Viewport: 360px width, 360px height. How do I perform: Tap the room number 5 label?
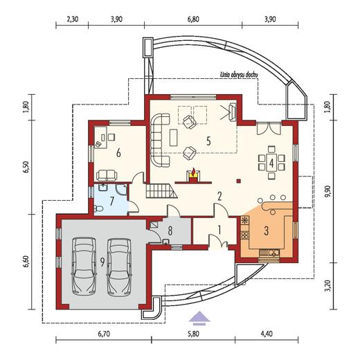pos(208,141)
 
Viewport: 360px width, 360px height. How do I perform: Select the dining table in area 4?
pos(271,163)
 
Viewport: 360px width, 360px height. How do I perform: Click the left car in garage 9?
pos(84,267)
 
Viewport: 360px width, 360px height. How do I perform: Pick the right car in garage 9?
pos(119,267)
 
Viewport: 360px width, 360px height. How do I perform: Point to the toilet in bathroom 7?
pos(98,209)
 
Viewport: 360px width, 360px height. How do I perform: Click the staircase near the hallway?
pos(161,190)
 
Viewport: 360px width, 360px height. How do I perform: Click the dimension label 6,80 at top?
pos(193,19)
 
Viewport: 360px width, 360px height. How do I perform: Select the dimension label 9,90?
pos(328,191)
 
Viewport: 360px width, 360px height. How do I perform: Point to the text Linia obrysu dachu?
pos(239,75)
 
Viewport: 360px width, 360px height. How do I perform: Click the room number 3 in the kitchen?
pos(267,231)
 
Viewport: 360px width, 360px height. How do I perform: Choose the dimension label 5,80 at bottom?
pos(193,334)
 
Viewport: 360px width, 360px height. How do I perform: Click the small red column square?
pos(239,181)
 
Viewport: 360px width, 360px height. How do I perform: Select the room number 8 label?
pos(170,231)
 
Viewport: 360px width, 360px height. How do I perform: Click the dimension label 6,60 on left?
pos(28,262)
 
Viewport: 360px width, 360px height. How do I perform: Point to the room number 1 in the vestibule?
pos(219,230)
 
